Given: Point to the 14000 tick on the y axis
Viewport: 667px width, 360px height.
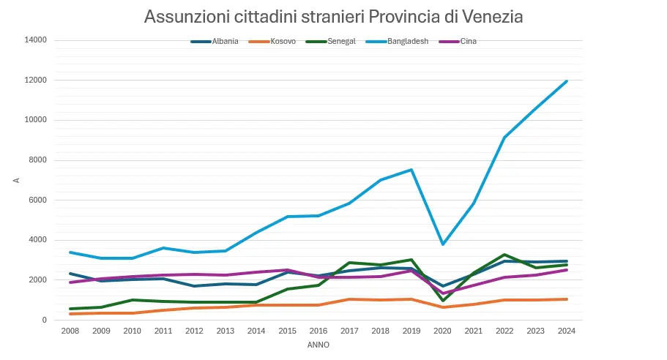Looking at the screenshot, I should pyautogui.click(x=36, y=40).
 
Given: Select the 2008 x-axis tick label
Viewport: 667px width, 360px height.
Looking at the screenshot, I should pyautogui.click(x=70, y=331).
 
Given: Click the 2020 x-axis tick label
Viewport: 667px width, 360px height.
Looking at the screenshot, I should pyautogui.click(x=442, y=331).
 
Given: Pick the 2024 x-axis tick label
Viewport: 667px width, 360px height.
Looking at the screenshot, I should pyautogui.click(x=567, y=331).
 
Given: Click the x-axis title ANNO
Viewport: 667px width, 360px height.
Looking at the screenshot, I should pyautogui.click(x=318, y=344).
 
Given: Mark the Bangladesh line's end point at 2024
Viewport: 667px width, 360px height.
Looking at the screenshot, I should pyautogui.click(x=567, y=81).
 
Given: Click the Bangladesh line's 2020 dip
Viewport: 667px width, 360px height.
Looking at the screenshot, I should pyautogui.click(x=442, y=244).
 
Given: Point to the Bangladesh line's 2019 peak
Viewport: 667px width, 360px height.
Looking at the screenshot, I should pyautogui.click(x=411, y=170).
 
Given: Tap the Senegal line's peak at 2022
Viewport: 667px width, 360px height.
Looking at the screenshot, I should pyautogui.click(x=504, y=255).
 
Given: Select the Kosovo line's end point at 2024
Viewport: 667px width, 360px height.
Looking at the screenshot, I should pyautogui.click(x=567, y=299).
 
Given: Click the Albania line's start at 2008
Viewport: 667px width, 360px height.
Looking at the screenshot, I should pyautogui.click(x=70, y=274).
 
